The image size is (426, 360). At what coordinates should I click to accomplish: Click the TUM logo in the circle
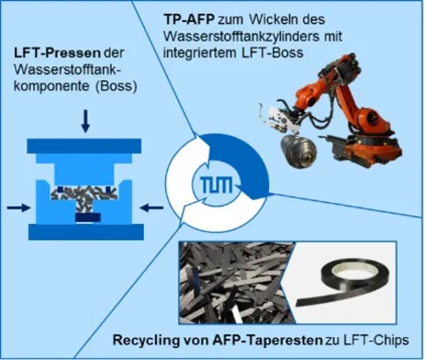click(216, 185)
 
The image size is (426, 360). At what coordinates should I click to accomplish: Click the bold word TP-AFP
click(190, 20)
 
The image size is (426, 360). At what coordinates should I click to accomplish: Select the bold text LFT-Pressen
click(57, 54)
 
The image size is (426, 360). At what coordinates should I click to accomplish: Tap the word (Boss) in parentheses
click(116, 86)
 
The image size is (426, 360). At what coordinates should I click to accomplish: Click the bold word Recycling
click(146, 340)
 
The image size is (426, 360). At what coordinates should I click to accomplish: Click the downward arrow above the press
click(85, 121)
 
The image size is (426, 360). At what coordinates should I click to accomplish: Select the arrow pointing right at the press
click(19, 208)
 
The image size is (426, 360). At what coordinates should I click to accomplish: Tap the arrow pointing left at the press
click(152, 208)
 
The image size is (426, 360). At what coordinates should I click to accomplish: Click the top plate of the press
click(84, 146)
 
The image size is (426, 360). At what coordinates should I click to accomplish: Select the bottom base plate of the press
click(86, 231)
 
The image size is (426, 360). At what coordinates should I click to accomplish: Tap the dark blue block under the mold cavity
click(88, 217)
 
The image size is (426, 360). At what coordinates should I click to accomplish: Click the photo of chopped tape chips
click(236, 283)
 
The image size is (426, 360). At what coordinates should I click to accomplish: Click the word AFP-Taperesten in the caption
click(268, 340)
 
